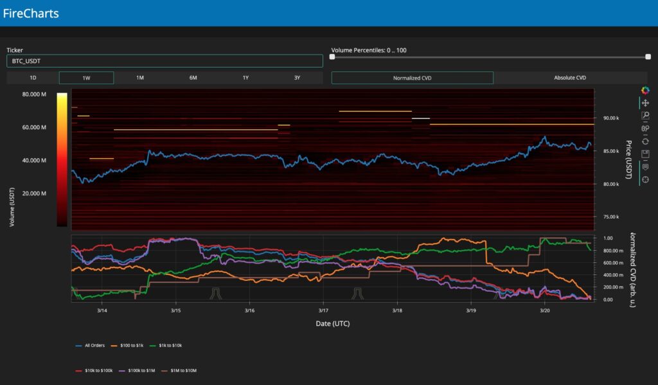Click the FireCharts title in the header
pyautogui.click(x=31, y=13)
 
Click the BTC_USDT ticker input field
pyautogui.click(x=164, y=61)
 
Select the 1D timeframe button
pyautogui.click(x=33, y=78)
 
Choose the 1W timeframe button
pyautogui.click(x=86, y=78)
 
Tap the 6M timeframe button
pyautogui.click(x=193, y=78)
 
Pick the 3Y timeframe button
pyautogui.click(x=297, y=78)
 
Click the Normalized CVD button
pyautogui.click(x=412, y=78)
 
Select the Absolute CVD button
pyautogui.click(x=570, y=78)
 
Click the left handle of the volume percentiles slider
pyautogui.click(x=332, y=57)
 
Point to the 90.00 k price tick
pyautogui.click(x=610, y=118)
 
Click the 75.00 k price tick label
pyautogui.click(x=610, y=217)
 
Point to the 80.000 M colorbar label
pyautogui.click(x=34, y=94)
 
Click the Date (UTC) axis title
pyautogui.click(x=333, y=323)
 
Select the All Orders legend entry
pyautogui.click(x=89, y=346)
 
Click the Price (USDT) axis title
pyautogui.click(x=628, y=160)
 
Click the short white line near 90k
pyautogui.click(x=421, y=118)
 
